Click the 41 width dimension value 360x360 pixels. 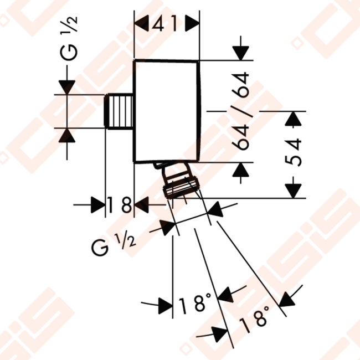(165, 23)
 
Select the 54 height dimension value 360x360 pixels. (293, 152)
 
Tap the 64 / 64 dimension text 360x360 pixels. (240, 111)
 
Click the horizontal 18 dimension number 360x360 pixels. (120, 205)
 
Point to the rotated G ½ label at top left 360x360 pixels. (69, 39)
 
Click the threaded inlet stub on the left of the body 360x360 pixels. (119, 111)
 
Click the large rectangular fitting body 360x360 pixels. (167, 111)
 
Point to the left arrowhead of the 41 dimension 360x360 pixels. (141, 23)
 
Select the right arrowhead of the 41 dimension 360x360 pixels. (192, 23)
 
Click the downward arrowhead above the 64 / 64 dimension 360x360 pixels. (240, 53)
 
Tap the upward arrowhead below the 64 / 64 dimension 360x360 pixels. (240, 169)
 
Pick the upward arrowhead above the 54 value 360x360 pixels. (293, 119)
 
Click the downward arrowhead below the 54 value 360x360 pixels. (293, 191)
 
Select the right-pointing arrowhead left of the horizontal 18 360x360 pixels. (98, 205)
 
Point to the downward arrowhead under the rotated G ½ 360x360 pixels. (67, 88)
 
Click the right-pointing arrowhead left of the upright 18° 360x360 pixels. (165, 306)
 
